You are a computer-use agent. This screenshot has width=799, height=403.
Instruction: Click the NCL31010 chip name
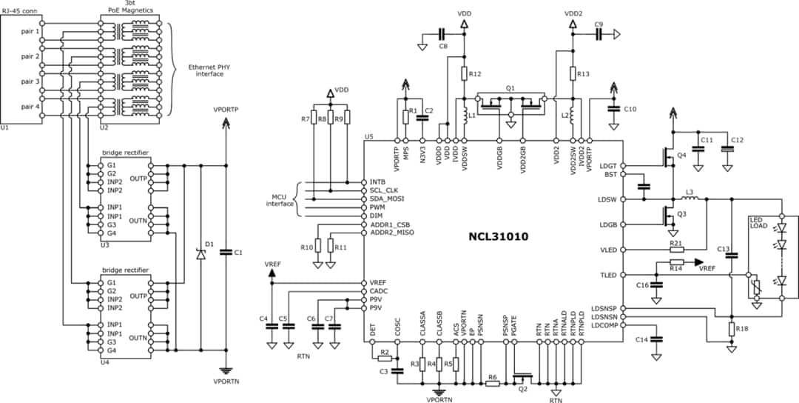(499, 238)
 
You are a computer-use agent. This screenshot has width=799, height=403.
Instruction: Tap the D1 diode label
(209, 244)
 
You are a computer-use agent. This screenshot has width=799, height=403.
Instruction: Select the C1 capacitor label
(237, 253)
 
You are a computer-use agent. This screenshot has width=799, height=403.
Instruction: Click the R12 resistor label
(476, 73)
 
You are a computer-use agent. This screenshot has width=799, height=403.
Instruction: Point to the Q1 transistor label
(510, 87)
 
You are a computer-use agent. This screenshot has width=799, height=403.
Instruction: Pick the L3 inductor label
(690, 193)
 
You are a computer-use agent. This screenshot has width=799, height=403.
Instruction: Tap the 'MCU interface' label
(278, 200)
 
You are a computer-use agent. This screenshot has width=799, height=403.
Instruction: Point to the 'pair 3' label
(30, 81)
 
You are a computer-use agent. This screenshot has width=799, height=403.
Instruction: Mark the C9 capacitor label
(599, 24)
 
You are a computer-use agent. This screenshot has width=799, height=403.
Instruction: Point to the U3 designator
(104, 244)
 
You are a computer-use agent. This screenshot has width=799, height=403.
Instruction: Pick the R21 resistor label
(675, 243)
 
